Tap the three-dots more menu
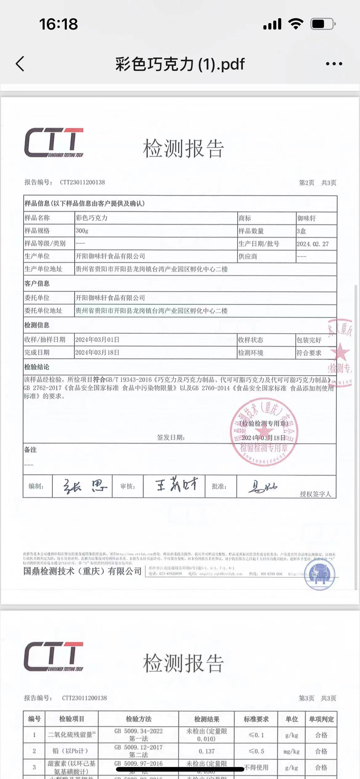point(334,64)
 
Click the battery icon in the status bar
point(322,24)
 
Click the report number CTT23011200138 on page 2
point(82,182)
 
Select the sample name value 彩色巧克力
point(92,218)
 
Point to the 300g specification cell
point(82,231)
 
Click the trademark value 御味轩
point(306,218)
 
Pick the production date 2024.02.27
point(313,244)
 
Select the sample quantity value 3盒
point(302,231)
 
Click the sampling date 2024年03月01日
point(97,340)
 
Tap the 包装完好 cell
point(309,340)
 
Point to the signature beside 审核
point(176,486)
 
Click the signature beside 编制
point(85,486)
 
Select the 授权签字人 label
point(315,494)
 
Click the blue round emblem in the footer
point(319,575)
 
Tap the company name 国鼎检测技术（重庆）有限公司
point(82,571)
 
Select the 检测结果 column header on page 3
point(206,719)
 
